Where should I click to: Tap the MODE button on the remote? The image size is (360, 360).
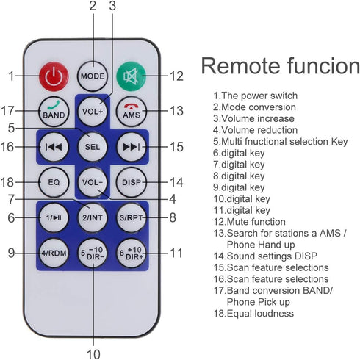(x=93, y=76)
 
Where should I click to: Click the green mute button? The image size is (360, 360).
(x=132, y=76)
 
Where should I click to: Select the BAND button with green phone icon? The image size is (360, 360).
(x=54, y=112)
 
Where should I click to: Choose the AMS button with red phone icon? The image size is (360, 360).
(x=132, y=112)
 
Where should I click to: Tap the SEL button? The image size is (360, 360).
(x=93, y=147)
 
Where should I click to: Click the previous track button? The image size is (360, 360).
(x=54, y=147)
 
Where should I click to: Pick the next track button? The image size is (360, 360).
(x=132, y=147)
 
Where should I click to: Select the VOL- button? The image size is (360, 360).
(x=93, y=182)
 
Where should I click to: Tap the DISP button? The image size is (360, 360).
(x=132, y=182)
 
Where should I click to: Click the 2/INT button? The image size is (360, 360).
(x=93, y=217)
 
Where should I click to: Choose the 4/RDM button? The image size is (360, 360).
(x=54, y=253)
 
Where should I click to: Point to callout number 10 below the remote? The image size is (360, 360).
(x=93, y=354)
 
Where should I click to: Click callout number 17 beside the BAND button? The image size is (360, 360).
(x=7, y=111)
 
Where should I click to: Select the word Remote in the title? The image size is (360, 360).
(x=241, y=66)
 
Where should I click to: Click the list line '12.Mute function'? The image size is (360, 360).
(x=249, y=222)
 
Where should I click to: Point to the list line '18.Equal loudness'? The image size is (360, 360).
(x=253, y=313)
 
